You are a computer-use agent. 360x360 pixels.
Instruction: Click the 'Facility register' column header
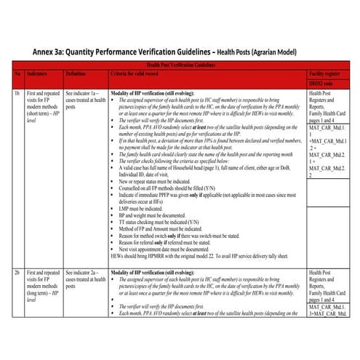pyautogui.click(x=328, y=74)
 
